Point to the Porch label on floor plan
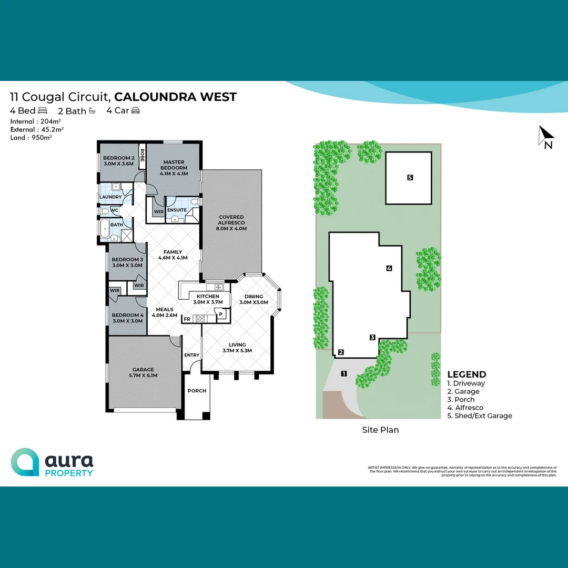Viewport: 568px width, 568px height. click(x=197, y=391)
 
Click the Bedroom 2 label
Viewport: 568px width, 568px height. click(x=118, y=161)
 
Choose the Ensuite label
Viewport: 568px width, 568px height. click(x=177, y=210)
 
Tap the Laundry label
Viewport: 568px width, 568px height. click(x=110, y=197)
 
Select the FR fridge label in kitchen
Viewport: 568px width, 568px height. click(x=187, y=319)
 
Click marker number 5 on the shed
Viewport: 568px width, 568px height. click(x=410, y=178)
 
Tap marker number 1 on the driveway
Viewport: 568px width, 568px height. click(x=343, y=374)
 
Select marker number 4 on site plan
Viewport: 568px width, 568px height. click(x=389, y=268)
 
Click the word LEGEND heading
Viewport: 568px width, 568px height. click(x=466, y=374)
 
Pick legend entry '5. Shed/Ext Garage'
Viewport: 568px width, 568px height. click(x=479, y=415)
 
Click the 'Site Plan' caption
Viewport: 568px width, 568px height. click(x=380, y=430)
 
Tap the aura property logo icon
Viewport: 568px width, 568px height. click(x=25, y=462)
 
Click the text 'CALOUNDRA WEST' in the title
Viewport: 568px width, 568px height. click(x=175, y=97)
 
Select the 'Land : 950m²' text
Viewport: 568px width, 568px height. click(x=31, y=137)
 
